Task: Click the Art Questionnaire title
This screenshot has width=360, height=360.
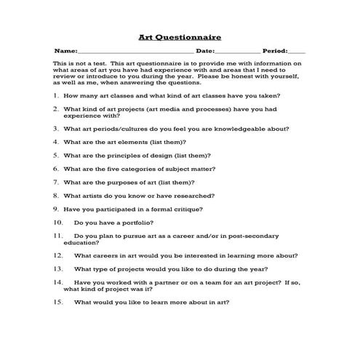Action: (x=180, y=36)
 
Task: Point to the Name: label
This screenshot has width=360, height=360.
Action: (x=65, y=52)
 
